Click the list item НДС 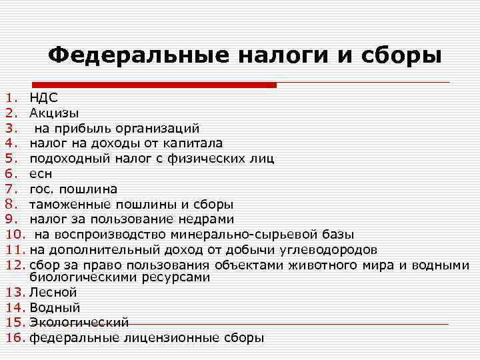[x=43, y=98]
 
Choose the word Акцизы [x=53, y=113]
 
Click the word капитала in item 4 [x=195, y=143]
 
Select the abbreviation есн [x=41, y=173]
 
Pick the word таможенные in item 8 [x=71, y=204]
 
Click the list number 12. [x=15, y=265]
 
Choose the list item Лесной [x=53, y=292]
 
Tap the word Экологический [x=79, y=322]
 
